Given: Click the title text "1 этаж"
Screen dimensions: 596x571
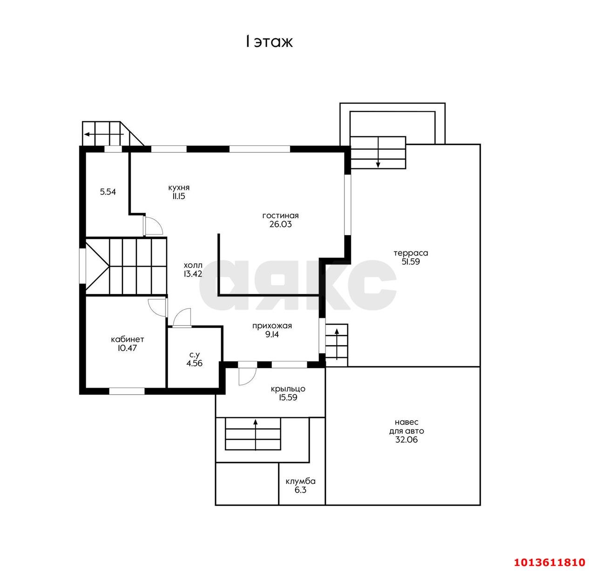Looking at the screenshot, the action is [269, 42].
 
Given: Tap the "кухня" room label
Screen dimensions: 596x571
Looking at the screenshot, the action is [179, 188].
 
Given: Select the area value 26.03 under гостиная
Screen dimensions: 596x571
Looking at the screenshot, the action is [281, 224].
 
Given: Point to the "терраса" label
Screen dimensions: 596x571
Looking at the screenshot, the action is [411, 253].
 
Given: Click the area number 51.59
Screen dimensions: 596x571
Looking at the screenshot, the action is [411, 262].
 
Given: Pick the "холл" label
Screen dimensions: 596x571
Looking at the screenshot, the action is [193, 265].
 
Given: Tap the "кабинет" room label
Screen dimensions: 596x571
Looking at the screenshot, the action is [128, 340].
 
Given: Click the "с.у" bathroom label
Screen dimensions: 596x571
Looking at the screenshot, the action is [195, 355].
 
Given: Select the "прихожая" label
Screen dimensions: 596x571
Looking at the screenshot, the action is [272, 326].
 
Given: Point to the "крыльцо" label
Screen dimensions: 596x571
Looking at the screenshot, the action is [288, 389].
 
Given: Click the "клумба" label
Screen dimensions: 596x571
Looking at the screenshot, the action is [300, 481].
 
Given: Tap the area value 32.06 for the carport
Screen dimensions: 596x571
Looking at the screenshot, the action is [406, 440].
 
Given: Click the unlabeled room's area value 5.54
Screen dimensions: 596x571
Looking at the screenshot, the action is [108, 192].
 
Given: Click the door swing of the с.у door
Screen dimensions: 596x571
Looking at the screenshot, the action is [182, 317].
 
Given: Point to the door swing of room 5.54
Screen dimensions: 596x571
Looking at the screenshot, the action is [153, 225].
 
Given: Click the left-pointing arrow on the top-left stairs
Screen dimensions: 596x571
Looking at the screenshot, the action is [104, 134].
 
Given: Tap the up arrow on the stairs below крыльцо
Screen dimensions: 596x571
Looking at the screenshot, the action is [255, 435].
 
